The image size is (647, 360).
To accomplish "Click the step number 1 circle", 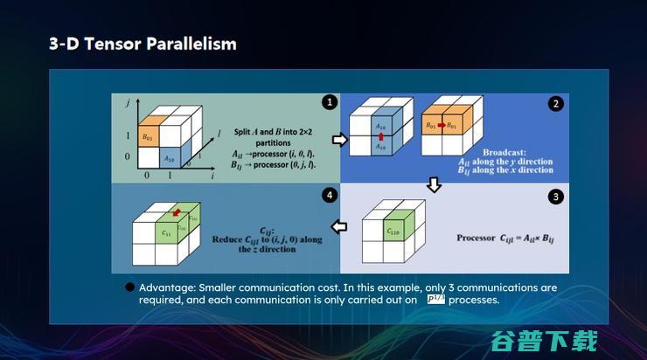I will click(329, 102).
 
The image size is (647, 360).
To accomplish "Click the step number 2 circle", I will click(555, 103).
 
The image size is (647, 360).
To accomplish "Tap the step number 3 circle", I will click(555, 197).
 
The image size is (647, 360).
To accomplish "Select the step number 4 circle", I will click(329, 197).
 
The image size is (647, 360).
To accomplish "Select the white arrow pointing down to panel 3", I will click(431, 185).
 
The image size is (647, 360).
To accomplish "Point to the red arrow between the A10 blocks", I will click(380, 137).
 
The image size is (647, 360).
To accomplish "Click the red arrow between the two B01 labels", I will click(442, 126).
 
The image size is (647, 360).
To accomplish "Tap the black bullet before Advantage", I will click(129, 287).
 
